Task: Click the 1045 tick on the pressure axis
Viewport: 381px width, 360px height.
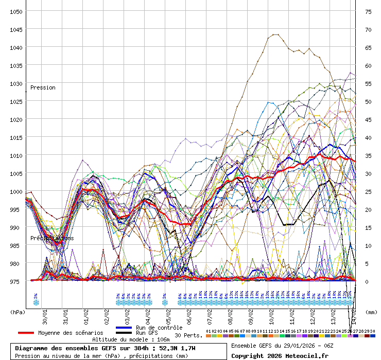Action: tap(15, 29)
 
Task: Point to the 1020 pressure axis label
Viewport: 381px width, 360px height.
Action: tap(15, 119)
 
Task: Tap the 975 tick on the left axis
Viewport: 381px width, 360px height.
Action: tap(15, 281)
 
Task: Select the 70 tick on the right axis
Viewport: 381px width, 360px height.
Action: tap(368, 29)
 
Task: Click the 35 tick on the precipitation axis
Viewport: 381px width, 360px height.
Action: tap(368, 155)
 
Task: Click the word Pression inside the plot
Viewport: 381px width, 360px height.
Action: tap(43, 87)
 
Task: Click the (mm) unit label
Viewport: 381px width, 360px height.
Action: tap(371, 312)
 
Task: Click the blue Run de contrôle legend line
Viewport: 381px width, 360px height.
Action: tap(124, 328)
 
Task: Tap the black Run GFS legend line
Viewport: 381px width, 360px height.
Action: tap(124, 333)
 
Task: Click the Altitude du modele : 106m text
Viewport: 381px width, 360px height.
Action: tap(131, 339)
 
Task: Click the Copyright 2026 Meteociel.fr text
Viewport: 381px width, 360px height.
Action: tap(272, 355)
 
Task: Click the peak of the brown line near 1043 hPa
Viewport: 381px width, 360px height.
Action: tap(274, 34)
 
